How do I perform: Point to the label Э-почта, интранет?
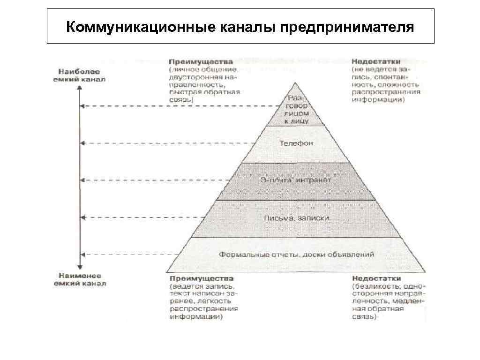point(296,180)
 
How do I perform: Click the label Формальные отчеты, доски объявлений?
point(297,255)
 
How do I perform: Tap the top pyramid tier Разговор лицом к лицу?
point(296,110)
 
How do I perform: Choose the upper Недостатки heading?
point(376,61)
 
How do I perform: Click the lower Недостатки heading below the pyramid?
point(376,278)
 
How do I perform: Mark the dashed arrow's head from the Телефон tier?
point(82,142)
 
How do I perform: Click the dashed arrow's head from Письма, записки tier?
point(82,217)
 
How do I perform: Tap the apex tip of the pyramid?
point(295,83)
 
